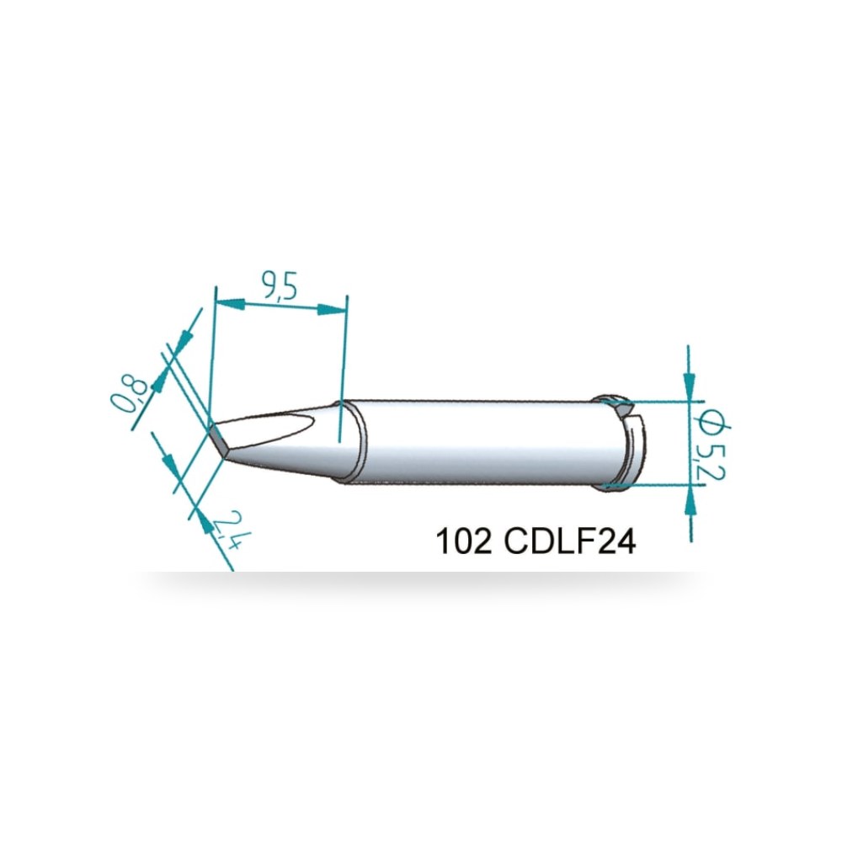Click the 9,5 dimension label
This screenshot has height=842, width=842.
coord(280,285)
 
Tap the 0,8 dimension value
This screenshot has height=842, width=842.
coord(128,394)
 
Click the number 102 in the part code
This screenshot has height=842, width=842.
coord(463,541)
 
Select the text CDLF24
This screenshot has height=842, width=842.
coord(570,541)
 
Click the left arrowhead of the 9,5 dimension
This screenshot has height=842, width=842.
coord(230,304)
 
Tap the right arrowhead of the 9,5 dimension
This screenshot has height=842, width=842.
coord(332,309)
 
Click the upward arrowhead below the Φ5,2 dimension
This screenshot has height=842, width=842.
coord(690,500)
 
